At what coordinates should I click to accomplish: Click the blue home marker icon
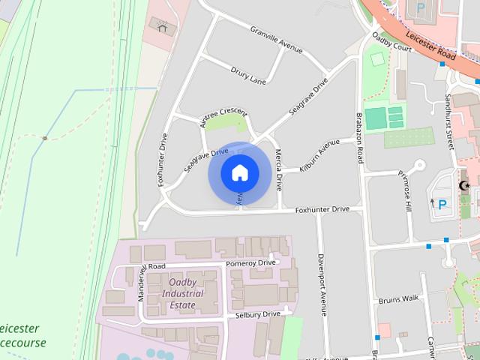239,173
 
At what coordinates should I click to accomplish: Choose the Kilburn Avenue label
319,157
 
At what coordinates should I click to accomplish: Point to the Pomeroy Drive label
250,263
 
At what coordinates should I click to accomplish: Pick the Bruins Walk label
398,298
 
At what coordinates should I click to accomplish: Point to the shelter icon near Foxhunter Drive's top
163,27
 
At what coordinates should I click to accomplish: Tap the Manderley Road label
142,279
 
